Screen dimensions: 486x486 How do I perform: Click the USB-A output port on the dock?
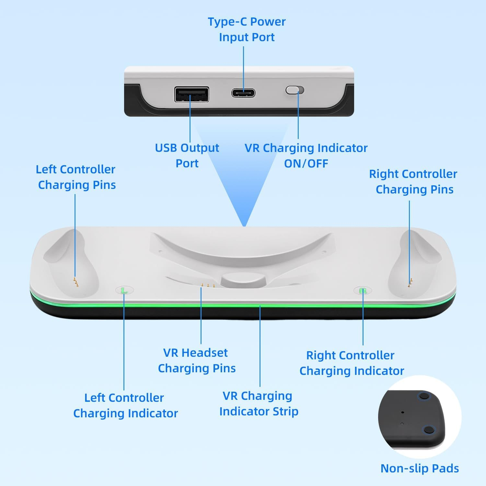tap(191, 95)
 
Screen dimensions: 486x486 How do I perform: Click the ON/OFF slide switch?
tap(295, 90)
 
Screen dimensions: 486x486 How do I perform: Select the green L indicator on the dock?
tap(124, 290)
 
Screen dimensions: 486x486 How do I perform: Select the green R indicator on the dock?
tap(363, 291)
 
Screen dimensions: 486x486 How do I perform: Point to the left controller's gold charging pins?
tap(76, 283)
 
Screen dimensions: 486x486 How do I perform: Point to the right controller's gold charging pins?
tap(410, 283)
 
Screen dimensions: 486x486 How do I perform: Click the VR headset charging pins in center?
tap(208, 286)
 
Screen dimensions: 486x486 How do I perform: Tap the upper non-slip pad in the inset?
tap(424, 396)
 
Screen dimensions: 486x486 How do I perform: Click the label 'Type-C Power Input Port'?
tap(247, 29)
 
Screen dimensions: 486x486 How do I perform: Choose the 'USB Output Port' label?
tap(187, 156)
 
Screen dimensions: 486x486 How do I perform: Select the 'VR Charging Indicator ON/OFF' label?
tap(306, 156)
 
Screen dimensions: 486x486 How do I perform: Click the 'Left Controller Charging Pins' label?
tap(76, 177)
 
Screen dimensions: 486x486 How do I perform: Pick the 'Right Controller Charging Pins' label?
tap(413, 181)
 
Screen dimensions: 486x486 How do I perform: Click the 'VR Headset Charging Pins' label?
tap(196, 360)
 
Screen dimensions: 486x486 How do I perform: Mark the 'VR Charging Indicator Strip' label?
tap(258, 403)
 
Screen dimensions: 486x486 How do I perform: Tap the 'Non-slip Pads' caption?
tap(420, 468)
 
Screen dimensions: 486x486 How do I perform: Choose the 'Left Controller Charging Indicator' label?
tap(125, 405)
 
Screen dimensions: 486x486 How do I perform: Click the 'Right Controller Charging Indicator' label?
tap(351, 363)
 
